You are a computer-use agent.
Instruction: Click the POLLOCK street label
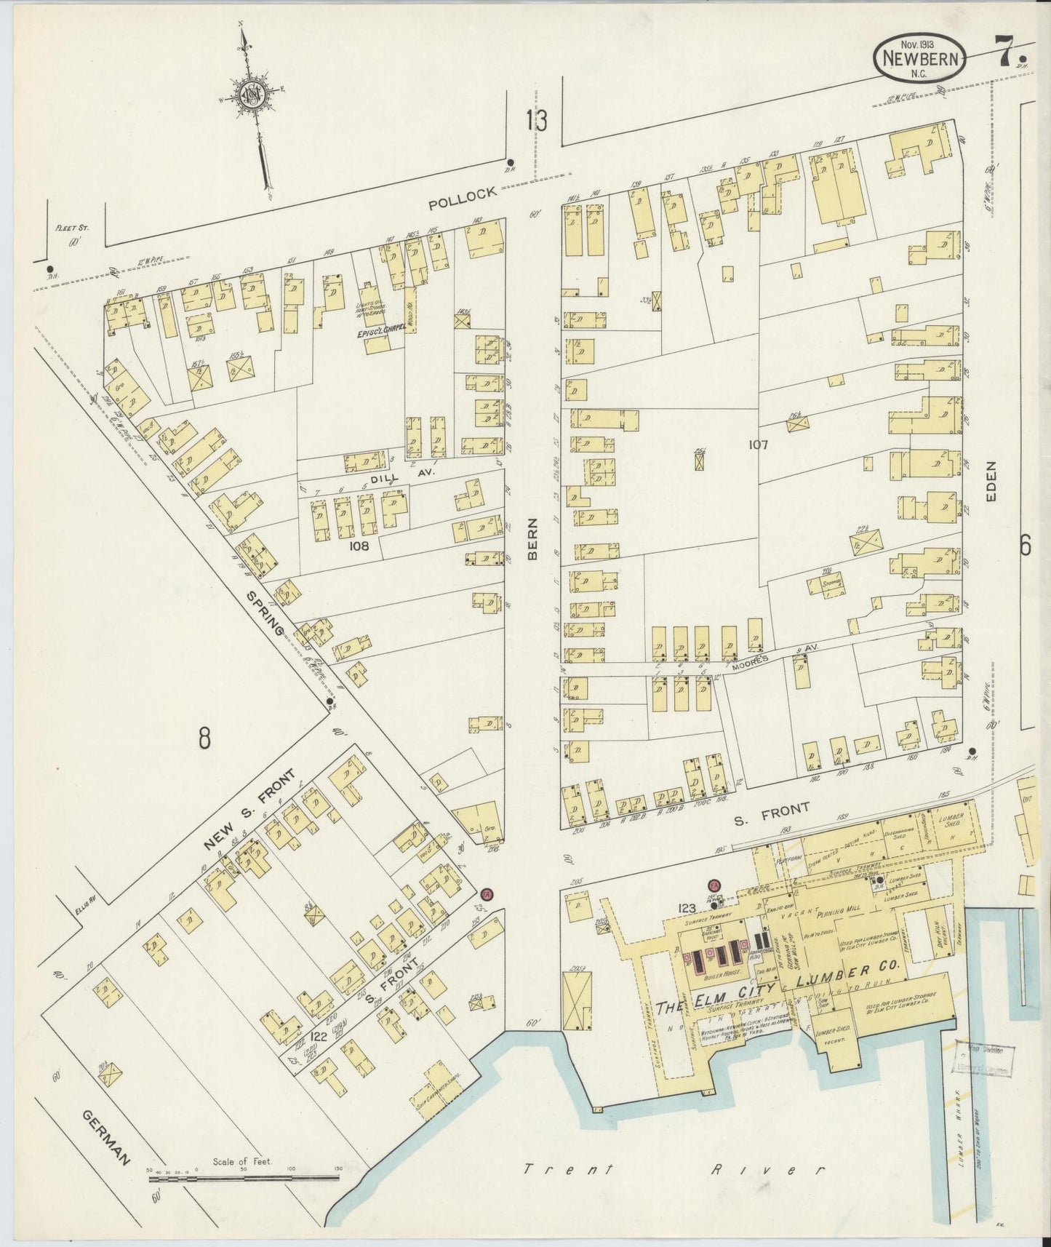pos(463,198)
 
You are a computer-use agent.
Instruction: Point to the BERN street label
pos(532,538)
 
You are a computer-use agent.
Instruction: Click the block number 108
pos(360,546)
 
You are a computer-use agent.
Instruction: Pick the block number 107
pos(757,444)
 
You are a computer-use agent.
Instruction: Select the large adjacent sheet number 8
pos(204,738)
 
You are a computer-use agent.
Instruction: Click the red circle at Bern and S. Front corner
pos(487,893)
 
